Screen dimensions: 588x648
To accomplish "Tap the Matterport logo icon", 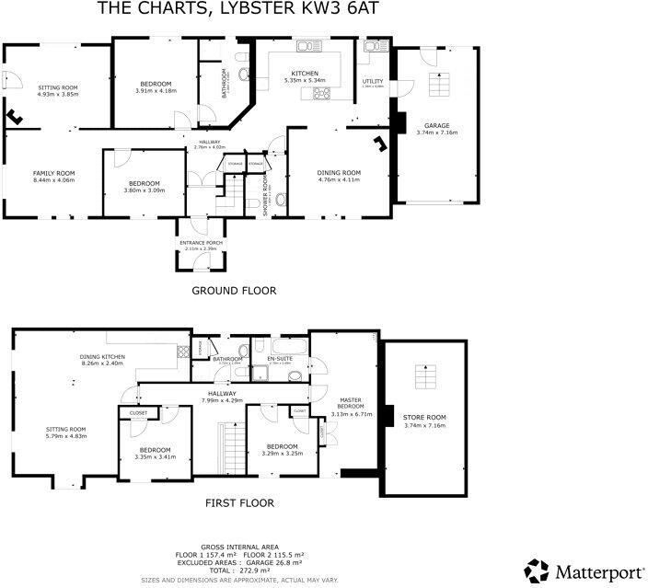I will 538,570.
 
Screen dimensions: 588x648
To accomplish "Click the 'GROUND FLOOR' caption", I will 233,290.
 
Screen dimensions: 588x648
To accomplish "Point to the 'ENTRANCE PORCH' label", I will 202,243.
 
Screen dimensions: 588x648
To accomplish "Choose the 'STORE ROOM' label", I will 423,419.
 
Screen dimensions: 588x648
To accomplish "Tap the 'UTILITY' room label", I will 372,81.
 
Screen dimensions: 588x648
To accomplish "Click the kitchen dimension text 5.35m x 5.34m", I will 305,81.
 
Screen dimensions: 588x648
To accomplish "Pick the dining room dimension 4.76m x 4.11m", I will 339,179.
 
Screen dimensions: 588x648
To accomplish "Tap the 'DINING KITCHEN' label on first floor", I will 103,357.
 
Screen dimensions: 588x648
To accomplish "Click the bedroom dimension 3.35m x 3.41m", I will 155,456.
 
